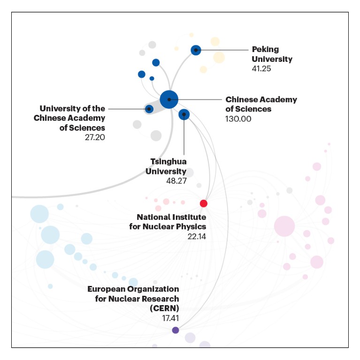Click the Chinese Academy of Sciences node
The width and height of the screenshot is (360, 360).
point(169,99)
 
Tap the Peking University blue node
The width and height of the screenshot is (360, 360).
point(196,50)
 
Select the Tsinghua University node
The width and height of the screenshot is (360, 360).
point(184,114)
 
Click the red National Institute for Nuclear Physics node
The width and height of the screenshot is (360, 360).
point(203,203)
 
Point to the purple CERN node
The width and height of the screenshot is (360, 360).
point(176,330)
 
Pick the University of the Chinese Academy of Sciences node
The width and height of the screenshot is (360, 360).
point(149,109)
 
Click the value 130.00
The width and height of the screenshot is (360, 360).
point(238,119)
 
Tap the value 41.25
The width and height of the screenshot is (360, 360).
point(261,68)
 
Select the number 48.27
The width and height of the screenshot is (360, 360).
point(176,180)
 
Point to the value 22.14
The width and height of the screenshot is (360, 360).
point(197,236)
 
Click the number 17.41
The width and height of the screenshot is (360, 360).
point(169,318)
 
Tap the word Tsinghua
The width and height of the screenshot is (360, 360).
point(168,161)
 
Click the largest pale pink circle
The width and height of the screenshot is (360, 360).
point(284,226)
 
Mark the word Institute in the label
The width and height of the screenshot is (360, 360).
point(190,217)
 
